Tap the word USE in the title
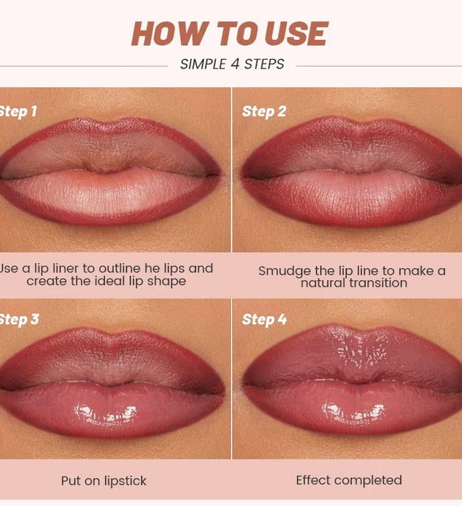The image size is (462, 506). coord(294,34)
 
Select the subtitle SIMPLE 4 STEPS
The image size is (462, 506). coord(232,64)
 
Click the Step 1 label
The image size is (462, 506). coord(18,112)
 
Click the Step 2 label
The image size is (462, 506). coord(264,112)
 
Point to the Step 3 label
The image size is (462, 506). coord(18,320)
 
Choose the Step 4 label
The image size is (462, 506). coord(264,320)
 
